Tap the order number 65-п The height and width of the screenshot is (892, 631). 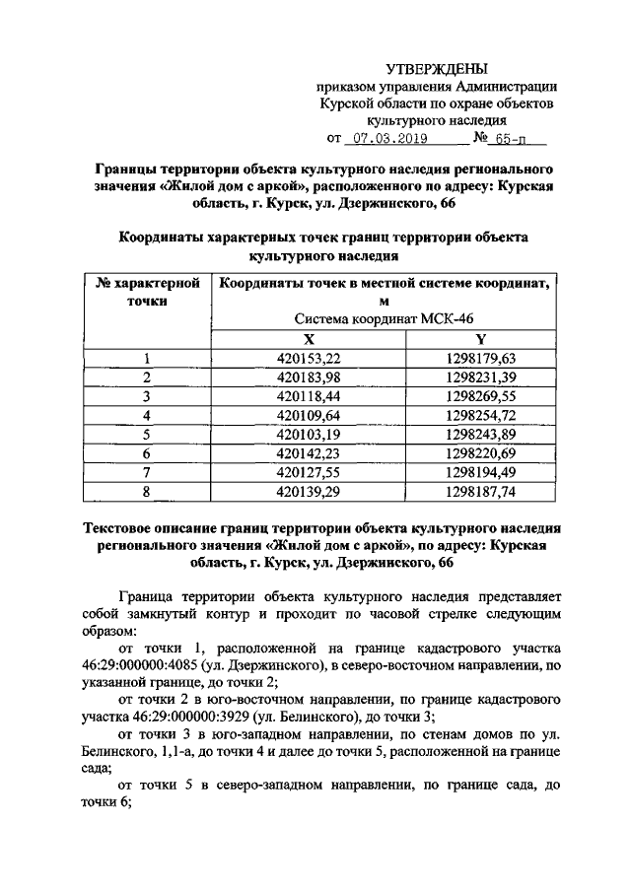click(x=507, y=139)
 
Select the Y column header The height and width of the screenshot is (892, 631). click(x=480, y=338)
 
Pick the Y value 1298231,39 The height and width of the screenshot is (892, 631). click(x=480, y=377)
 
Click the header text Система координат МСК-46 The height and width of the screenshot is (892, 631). click(x=385, y=319)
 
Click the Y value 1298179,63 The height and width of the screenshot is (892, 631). click(x=480, y=358)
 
